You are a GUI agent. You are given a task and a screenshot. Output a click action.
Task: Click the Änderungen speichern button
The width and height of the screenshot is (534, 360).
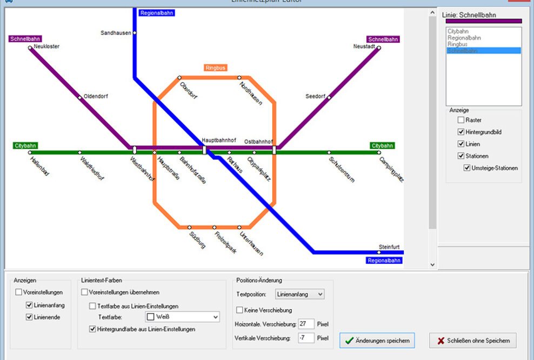[x=377, y=341]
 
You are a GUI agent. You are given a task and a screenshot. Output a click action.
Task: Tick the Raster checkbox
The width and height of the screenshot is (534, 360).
[x=461, y=120]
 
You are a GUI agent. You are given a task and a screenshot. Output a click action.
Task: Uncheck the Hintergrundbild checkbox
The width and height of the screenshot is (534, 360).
[x=461, y=132]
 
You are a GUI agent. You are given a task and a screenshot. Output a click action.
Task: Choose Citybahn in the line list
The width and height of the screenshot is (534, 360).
[x=458, y=31]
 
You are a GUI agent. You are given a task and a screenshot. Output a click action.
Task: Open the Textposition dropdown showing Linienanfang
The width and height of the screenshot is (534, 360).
[x=299, y=294]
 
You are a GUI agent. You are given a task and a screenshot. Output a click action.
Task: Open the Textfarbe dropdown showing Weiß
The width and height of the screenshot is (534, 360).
[x=182, y=317]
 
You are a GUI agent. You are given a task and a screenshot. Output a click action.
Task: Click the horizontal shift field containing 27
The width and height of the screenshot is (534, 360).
[x=306, y=324]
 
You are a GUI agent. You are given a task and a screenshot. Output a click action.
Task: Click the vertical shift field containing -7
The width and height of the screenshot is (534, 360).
[x=306, y=338]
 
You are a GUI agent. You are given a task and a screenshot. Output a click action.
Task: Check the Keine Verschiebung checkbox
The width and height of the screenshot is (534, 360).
[x=239, y=310]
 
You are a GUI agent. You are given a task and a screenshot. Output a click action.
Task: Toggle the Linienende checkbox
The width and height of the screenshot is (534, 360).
[x=29, y=317]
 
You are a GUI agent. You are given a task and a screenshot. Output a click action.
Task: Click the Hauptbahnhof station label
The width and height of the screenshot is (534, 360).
[x=219, y=140]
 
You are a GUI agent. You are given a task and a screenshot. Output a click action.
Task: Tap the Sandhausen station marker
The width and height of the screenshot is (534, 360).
[x=135, y=33]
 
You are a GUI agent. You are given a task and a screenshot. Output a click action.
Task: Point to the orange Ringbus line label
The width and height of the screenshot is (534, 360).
[x=215, y=68]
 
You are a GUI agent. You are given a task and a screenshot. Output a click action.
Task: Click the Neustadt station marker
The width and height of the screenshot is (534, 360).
[x=379, y=48]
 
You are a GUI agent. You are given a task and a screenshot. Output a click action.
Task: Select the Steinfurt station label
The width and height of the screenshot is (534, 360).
[x=389, y=247]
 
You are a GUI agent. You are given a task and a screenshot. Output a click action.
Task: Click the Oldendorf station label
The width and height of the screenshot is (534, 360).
[x=96, y=96]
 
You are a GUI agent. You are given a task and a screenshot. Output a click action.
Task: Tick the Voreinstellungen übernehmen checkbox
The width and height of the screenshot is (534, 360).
[x=84, y=292]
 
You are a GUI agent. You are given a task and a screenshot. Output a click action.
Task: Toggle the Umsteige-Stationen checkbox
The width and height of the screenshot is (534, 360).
[x=467, y=168]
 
